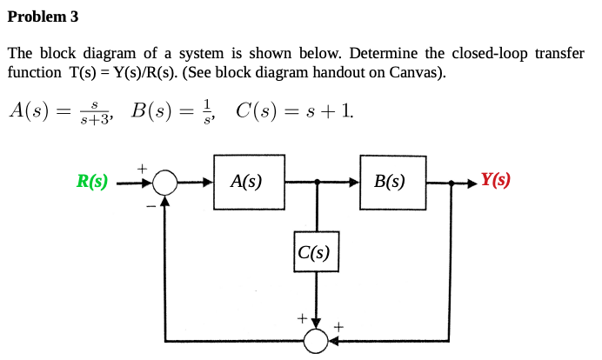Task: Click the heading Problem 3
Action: coord(43,17)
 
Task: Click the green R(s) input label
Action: coord(92,182)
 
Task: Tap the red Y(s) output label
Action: coord(495,181)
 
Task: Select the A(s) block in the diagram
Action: coord(248,183)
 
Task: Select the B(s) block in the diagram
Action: coord(391,183)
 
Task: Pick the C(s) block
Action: coord(316,253)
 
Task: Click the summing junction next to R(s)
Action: coord(164,183)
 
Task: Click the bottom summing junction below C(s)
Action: coord(317,340)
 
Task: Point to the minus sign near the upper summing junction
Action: coord(149,207)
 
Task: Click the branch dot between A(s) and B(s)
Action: coord(317,183)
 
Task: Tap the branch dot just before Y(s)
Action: coord(451,183)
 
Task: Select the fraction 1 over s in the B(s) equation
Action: coord(205,112)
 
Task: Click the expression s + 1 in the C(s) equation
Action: coord(327,111)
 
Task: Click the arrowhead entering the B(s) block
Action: coord(354,183)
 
